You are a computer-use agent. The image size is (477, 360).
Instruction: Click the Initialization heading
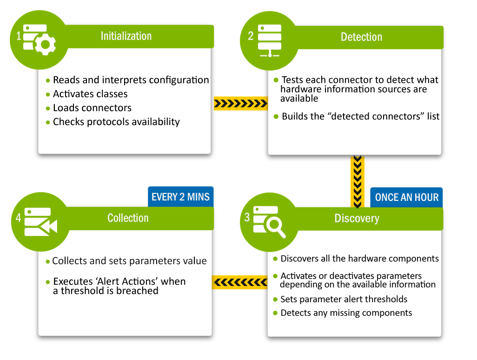126,36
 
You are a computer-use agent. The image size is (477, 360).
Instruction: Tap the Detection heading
361,37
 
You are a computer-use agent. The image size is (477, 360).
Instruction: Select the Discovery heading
357,219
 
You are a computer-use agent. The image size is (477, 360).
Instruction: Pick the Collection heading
128,218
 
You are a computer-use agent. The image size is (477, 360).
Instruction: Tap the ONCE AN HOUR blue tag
406,197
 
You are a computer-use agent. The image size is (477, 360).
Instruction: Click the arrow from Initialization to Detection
240,103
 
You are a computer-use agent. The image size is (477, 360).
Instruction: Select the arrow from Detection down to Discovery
357,181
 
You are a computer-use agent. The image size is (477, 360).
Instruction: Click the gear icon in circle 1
45,45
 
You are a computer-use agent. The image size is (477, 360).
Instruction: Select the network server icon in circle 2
270,41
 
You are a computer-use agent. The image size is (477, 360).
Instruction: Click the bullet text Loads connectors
92,108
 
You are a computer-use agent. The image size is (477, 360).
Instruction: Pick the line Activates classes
90,94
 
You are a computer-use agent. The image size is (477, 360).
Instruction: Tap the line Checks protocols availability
116,122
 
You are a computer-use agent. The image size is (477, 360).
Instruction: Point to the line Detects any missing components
346,313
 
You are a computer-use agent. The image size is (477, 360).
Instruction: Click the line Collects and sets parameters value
129,261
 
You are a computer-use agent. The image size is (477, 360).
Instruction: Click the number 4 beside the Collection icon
19,217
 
